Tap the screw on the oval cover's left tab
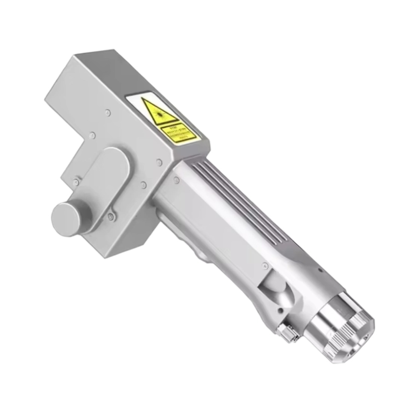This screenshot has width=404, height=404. tap(76, 183)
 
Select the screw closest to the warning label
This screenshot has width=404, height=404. tap(159, 162)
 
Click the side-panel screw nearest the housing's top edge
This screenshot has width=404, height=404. tap(108, 112)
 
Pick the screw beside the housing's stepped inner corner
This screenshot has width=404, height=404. tap(92, 135)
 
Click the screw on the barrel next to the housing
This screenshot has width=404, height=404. tap(176, 181)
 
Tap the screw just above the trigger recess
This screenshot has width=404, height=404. tap(265, 266)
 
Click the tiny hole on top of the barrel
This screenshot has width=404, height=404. tap(320, 270)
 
